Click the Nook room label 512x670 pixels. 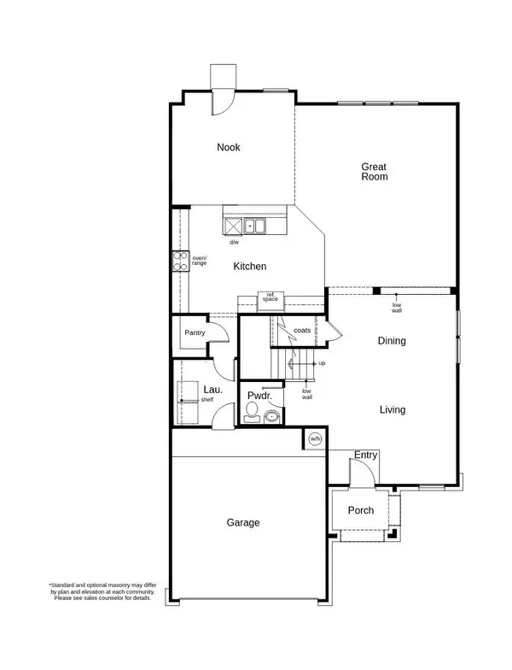pyautogui.click(x=229, y=147)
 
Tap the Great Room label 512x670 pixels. pyautogui.click(x=375, y=172)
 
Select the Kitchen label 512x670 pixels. pyautogui.click(x=249, y=267)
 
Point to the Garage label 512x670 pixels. pyautogui.click(x=242, y=523)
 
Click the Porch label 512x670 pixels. pyautogui.click(x=360, y=510)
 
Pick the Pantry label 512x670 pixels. pyautogui.click(x=195, y=332)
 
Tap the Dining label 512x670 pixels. pyautogui.click(x=392, y=340)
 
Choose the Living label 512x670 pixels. pyautogui.click(x=393, y=410)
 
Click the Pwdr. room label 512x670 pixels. pyautogui.click(x=259, y=396)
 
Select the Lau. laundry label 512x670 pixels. pyautogui.click(x=213, y=390)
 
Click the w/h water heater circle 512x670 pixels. pyautogui.click(x=315, y=439)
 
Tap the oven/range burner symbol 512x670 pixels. pyautogui.click(x=181, y=262)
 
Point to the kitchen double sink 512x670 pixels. pyautogui.click(x=254, y=226)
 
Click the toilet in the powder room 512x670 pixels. pyautogui.click(x=252, y=412)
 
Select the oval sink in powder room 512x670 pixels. pyautogui.click(x=271, y=416)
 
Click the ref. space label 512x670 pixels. pyautogui.click(x=271, y=297)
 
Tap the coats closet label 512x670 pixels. pyautogui.click(x=302, y=330)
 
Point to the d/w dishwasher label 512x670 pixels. pyautogui.click(x=234, y=243)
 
